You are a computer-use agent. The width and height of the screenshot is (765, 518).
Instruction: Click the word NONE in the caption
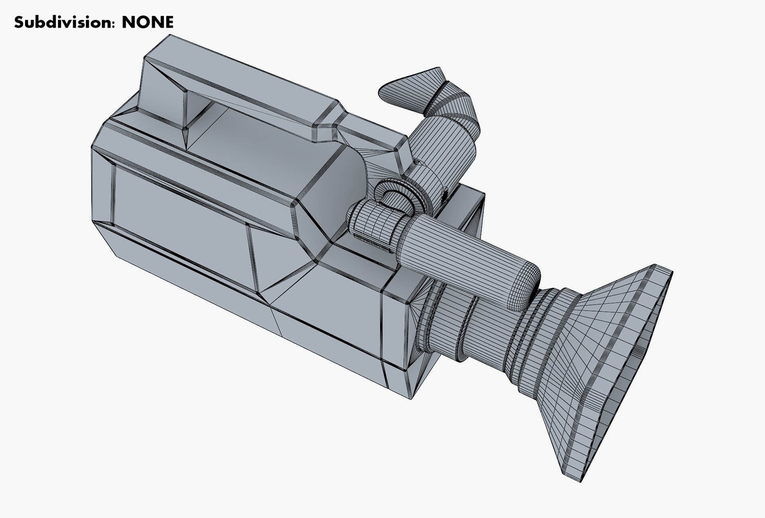click(147, 22)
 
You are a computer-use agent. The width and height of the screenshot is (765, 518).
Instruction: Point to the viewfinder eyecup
click(410, 90)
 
